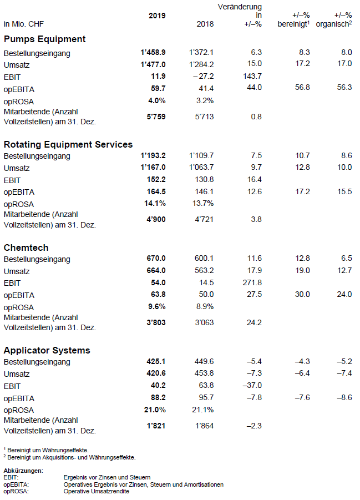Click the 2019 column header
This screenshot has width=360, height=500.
click(157, 16)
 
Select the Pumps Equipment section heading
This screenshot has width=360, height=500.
click(44, 39)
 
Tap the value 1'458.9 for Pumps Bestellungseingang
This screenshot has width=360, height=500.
click(153, 52)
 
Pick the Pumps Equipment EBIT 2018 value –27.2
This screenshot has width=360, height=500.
click(204, 77)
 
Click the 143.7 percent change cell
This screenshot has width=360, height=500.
click(252, 76)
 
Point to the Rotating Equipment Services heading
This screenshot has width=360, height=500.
click(68, 144)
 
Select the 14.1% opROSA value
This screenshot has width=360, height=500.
click(155, 204)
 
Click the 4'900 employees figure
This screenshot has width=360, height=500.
click(156, 219)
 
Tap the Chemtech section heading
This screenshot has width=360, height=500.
click(26, 248)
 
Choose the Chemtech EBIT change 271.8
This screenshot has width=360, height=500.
click(252, 282)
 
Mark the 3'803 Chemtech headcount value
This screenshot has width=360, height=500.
click(156, 323)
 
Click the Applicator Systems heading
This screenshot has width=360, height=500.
click(47, 351)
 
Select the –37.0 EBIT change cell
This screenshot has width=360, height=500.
click(252, 386)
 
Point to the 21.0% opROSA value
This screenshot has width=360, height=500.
click(155, 410)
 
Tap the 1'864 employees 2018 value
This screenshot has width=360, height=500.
click(204, 426)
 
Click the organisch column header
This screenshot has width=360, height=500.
click(334, 24)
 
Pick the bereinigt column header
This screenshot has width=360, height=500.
click(293, 24)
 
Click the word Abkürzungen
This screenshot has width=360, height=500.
click(23, 471)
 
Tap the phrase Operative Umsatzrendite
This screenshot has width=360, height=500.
click(97, 491)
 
